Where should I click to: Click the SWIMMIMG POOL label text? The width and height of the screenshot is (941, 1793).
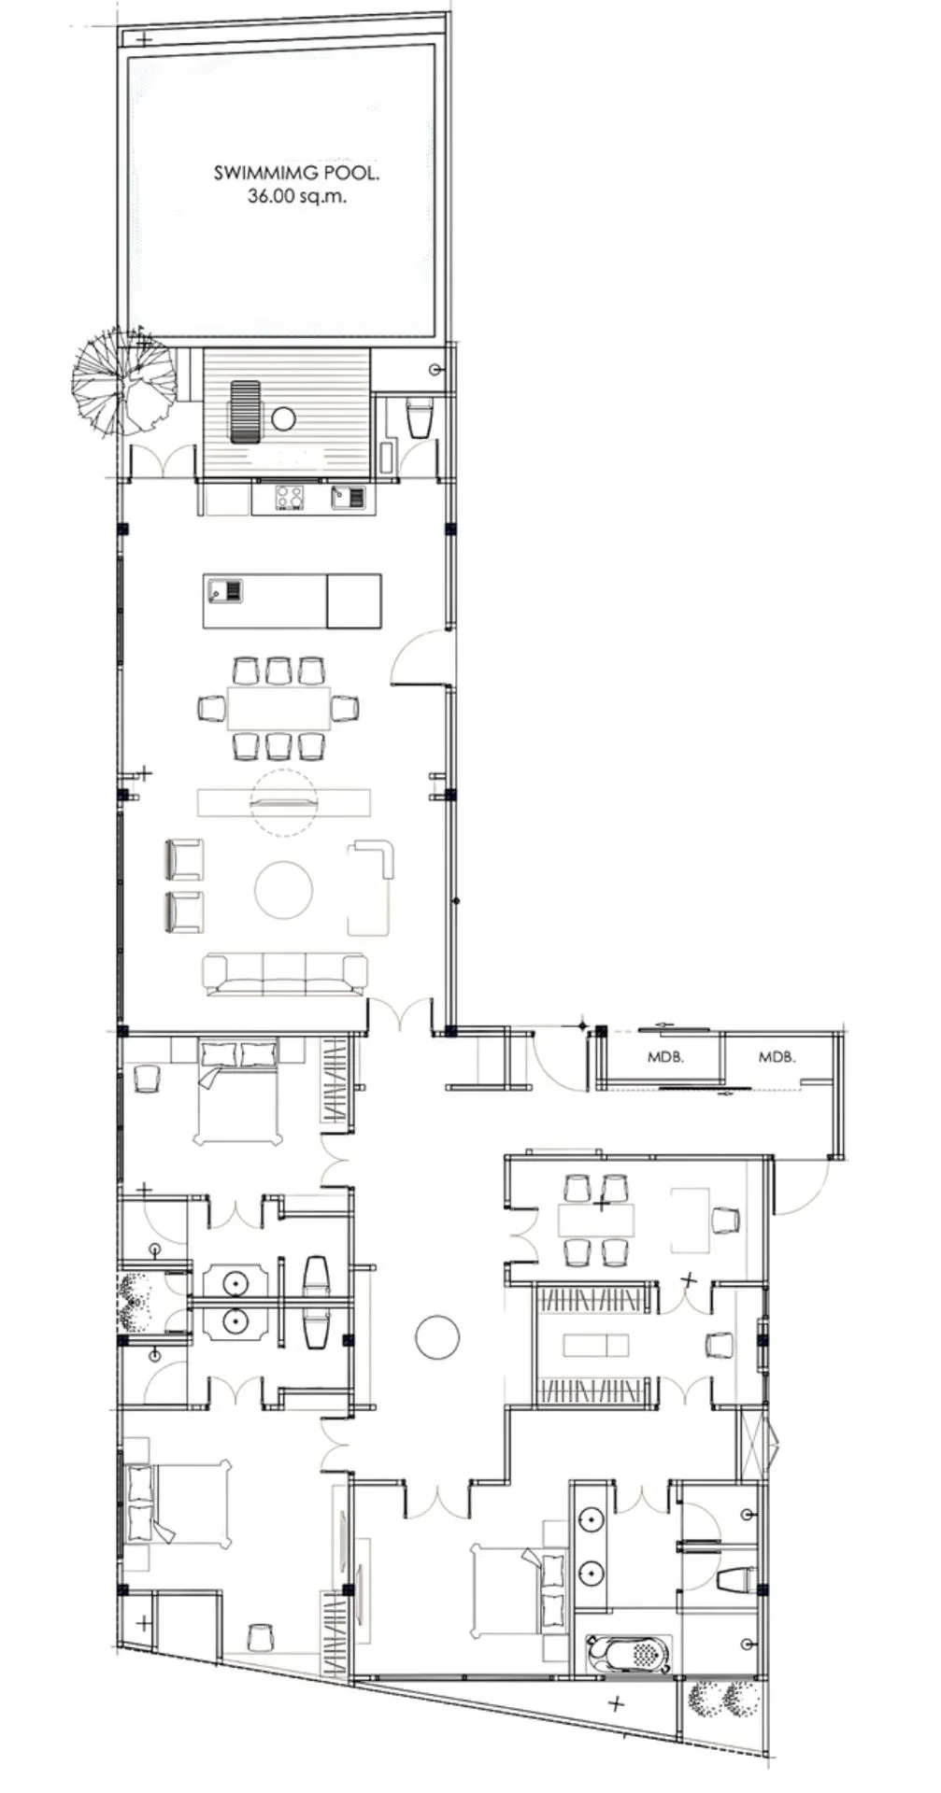tap(296, 173)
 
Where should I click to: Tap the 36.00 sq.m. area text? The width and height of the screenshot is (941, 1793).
tap(296, 196)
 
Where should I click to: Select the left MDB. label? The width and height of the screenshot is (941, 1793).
tap(665, 1058)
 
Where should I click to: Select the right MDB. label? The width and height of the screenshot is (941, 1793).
tap(777, 1058)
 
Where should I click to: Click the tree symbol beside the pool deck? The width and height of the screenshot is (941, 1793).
tap(123, 379)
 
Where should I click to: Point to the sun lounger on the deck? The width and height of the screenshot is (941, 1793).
tap(246, 412)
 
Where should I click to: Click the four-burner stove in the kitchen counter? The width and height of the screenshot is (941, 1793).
tap(290, 497)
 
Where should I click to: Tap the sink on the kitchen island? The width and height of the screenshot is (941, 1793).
tap(226, 590)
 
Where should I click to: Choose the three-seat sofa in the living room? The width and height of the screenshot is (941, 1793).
tap(285, 974)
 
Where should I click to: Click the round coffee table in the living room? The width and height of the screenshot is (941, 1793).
tap(283, 890)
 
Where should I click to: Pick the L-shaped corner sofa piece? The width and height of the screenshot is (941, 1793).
tap(372, 885)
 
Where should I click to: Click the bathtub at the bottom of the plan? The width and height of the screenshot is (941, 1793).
tap(628, 1654)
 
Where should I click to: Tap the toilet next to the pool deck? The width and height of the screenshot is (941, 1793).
tap(420, 417)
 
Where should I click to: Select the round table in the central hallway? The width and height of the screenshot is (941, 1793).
tap(437, 1336)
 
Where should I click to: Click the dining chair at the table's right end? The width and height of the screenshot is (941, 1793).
tap(345, 709)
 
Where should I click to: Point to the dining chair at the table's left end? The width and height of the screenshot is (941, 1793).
tap(212, 709)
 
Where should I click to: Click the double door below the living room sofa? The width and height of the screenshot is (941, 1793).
tap(400, 1015)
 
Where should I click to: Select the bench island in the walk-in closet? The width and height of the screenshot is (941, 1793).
tap(595, 1345)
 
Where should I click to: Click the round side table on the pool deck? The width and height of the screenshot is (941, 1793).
tap(283, 418)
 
